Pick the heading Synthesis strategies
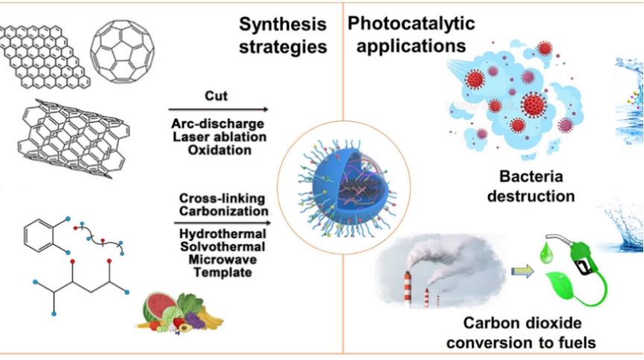tap(283, 35)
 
